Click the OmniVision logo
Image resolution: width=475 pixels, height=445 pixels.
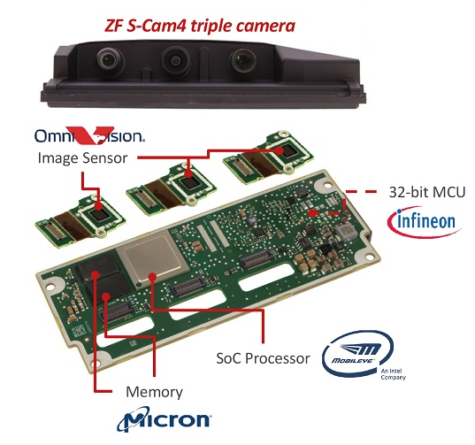coord(89,135)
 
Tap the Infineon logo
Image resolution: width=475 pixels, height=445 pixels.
coord(425,221)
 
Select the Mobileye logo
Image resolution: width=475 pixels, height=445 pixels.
coord(364,355)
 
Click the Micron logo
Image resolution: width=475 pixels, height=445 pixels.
coord(165,419)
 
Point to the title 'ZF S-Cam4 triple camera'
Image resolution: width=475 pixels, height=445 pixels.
coord(200,26)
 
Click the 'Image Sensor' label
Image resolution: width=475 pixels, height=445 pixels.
coord(82,157)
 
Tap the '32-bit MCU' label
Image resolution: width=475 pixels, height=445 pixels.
coord(427,192)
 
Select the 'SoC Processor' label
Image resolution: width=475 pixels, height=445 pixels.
coord(263,358)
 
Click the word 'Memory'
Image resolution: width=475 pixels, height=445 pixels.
coord(154,392)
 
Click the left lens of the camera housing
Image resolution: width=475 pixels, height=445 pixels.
coord(109,59)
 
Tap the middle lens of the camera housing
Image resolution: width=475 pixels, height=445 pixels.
coord(176,61)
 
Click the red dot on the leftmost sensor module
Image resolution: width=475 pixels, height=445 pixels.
coord(98,206)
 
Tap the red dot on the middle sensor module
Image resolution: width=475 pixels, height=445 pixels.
coord(188,173)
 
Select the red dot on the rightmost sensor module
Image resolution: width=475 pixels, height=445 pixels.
coord(279,150)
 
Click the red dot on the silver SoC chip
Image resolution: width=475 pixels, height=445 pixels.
coord(153,277)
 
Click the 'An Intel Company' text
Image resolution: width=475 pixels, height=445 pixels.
coord(394,374)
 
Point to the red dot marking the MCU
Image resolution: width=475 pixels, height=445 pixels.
coord(311,213)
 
